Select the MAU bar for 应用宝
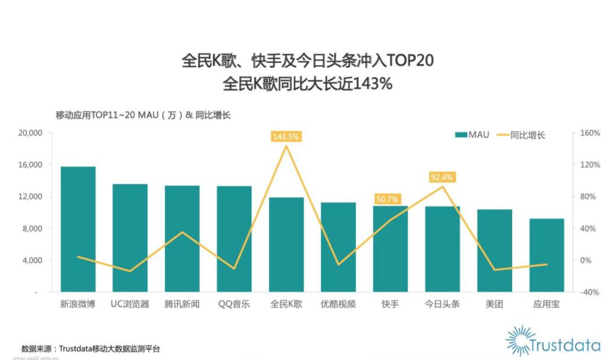click(547, 255)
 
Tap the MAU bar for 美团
click(495, 250)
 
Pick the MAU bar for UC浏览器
click(130, 237)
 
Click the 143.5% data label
click(286, 137)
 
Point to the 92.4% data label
click(442, 177)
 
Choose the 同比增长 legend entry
click(520, 135)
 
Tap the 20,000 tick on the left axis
click(27, 133)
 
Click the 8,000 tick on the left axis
click(30, 229)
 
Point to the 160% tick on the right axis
click(589, 133)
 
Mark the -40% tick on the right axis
click(589, 292)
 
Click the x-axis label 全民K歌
click(286, 304)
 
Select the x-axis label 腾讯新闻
click(182, 304)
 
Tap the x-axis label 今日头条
click(442, 304)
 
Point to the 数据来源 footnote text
click(90, 349)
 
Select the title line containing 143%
click(307, 83)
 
